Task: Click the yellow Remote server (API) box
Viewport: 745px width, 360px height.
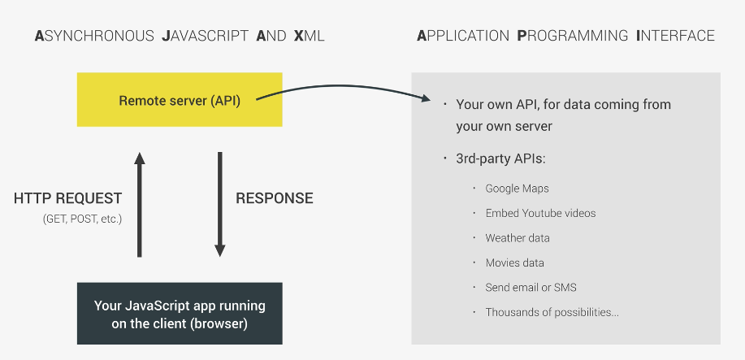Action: [180, 100]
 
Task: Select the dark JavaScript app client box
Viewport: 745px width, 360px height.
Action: [180, 314]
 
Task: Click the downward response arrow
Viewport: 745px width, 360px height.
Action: [219, 203]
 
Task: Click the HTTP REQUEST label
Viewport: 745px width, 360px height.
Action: [68, 198]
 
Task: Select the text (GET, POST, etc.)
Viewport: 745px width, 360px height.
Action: [81, 219]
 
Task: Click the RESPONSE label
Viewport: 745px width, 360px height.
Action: [274, 198]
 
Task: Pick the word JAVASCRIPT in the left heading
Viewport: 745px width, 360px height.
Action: [205, 36]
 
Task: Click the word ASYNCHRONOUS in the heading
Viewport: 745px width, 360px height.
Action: [94, 36]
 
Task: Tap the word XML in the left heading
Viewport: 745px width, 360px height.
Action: [309, 36]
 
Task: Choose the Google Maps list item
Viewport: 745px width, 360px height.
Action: [517, 189]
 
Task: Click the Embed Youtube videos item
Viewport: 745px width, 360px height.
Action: [540, 213]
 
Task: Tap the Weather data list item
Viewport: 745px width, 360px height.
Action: [518, 238]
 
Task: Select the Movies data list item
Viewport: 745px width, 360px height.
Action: [514, 262]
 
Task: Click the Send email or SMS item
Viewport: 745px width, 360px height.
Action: [531, 287]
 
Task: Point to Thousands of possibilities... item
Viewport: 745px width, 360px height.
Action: [552, 312]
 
